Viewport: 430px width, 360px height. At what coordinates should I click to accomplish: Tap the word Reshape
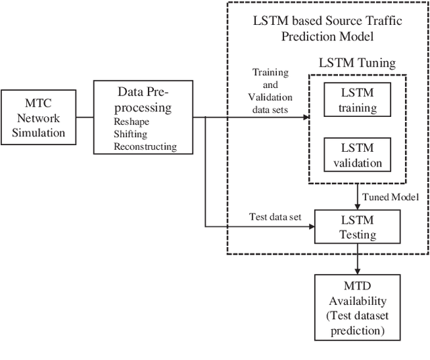pos(132,122)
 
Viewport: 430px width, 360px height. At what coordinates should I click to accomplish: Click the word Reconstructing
pos(145,146)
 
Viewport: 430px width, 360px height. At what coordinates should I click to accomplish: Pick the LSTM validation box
pos(357,154)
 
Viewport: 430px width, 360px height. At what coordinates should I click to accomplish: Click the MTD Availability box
pos(357,306)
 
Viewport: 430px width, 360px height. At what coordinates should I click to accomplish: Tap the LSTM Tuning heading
pos(357,64)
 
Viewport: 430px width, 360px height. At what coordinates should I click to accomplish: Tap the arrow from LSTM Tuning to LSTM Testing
pos(357,196)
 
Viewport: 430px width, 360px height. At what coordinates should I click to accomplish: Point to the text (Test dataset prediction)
pos(357,324)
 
